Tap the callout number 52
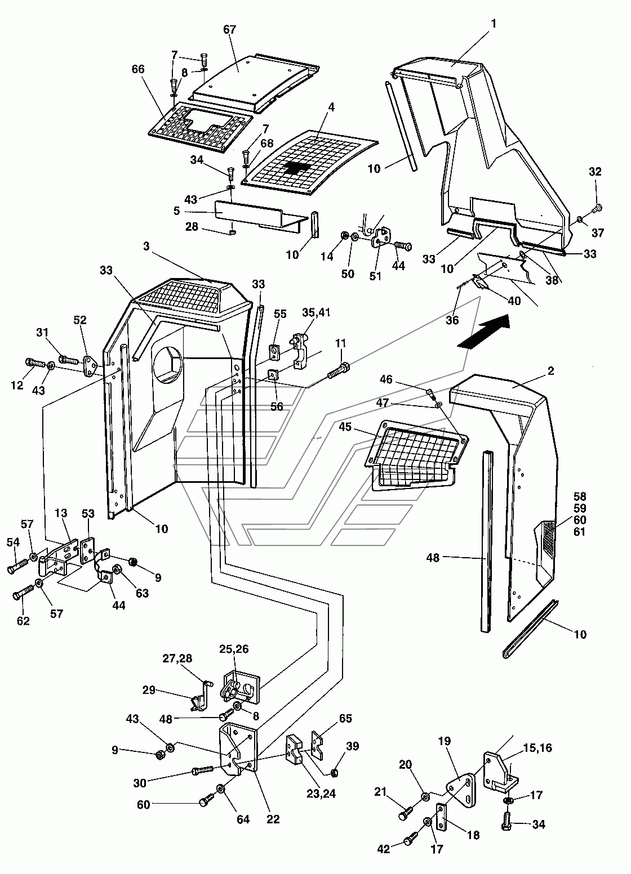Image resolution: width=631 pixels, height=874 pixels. point(80,321)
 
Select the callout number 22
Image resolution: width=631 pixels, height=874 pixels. point(273,819)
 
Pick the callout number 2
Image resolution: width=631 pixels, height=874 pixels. point(550,371)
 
